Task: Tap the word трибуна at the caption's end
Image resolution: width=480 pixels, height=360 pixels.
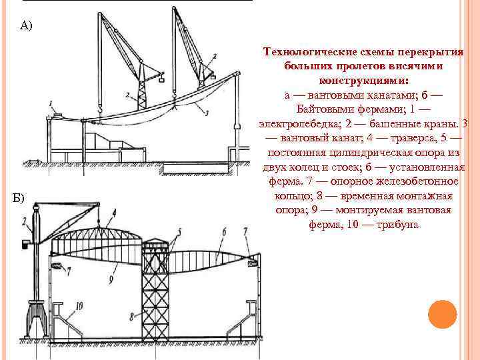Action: (398, 225)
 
